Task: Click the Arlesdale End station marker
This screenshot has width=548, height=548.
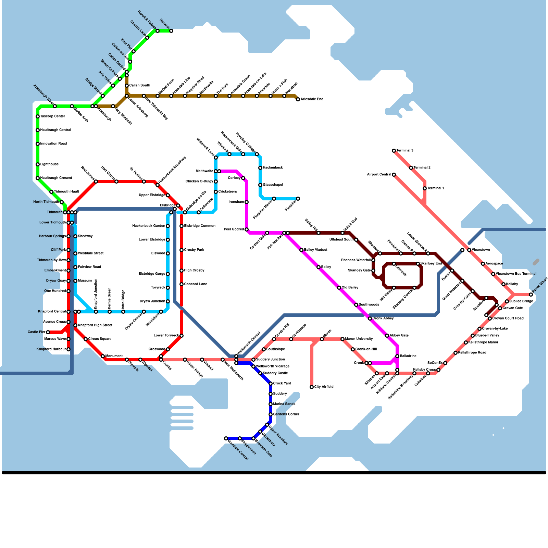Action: point(298,99)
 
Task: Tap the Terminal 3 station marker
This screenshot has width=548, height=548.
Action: point(394,151)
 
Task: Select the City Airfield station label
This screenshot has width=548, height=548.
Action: point(324,387)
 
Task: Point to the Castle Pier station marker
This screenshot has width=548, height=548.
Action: point(48,332)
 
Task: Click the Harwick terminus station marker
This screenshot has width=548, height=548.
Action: point(171,31)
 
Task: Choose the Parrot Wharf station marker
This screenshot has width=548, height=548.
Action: point(531,295)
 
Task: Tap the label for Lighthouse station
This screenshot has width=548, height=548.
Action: point(49,164)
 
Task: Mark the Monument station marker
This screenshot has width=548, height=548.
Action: point(103,356)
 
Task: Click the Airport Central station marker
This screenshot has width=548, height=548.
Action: point(394,175)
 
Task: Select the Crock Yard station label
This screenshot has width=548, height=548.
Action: point(282,384)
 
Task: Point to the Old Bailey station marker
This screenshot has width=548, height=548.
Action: point(339,288)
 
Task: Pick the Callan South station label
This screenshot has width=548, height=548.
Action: point(139,86)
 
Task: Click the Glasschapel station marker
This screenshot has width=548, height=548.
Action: point(260,185)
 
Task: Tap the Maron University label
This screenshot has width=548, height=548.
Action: point(359,339)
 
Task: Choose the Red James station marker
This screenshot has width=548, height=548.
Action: point(96,182)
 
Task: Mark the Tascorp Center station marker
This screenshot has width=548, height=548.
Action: point(38,116)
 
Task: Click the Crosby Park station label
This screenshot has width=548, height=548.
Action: point(194,250)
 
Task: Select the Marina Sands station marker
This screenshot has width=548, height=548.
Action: point(271,404)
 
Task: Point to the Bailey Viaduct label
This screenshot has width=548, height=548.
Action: point(315,250)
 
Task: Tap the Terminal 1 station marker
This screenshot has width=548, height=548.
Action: point(425,188)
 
